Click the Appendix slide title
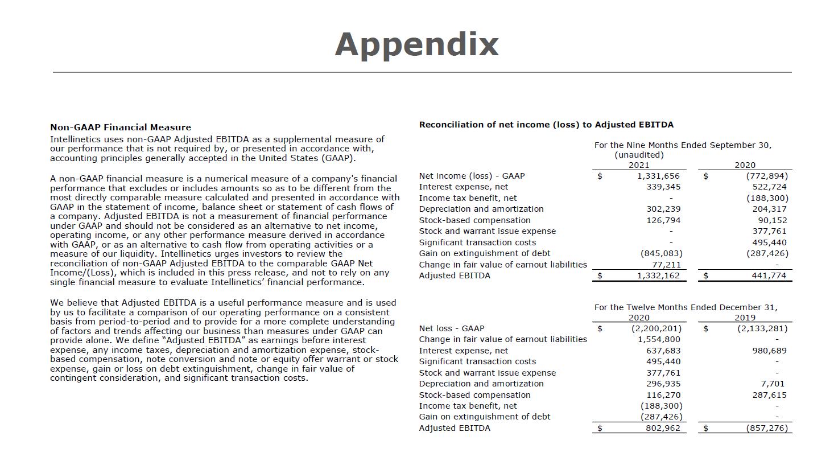[x=416, y=44]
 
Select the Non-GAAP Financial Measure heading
[x=121, y=127]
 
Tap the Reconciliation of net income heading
[x=546, y=125]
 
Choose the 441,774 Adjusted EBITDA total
[x=769, y=275]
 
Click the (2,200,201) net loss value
[x=656, y=328]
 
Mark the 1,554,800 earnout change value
[x=659, y=339]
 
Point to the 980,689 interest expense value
[x=769, y=351]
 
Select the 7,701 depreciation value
[x=772, y=384]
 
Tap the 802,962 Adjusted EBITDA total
[x=663, y=428]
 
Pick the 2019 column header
[x=745, y=318]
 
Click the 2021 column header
[x=639, y=165]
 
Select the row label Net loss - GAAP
[x=452, y=328]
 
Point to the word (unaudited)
[x=639, y=155]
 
